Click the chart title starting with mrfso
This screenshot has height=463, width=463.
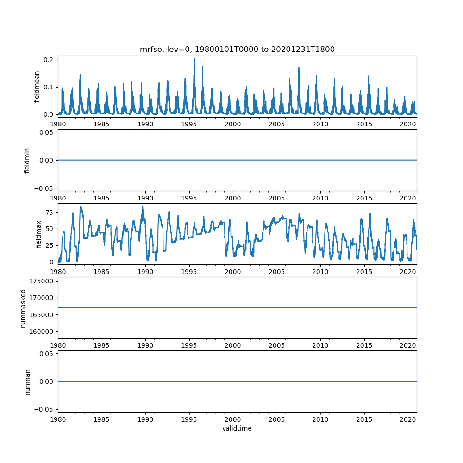coord(237,49)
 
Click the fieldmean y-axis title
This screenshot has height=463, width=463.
coord(37,87)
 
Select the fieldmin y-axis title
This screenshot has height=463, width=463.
coord(27,160)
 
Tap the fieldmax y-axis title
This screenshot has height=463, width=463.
coord(39,234)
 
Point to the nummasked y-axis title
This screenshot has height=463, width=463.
coord(23,308)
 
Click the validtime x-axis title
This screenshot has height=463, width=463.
coord(237,428)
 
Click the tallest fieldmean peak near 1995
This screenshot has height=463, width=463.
coord(194,59)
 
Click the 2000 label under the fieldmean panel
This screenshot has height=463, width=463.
coord(233,124)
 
